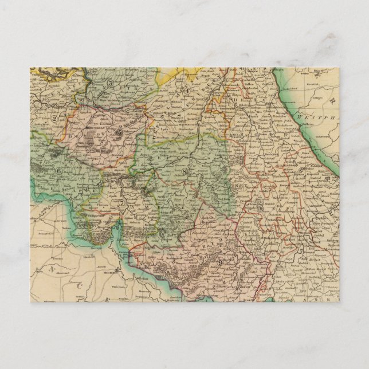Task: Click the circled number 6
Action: [x=58, y=171]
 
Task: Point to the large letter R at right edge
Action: [x=332, y=100]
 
